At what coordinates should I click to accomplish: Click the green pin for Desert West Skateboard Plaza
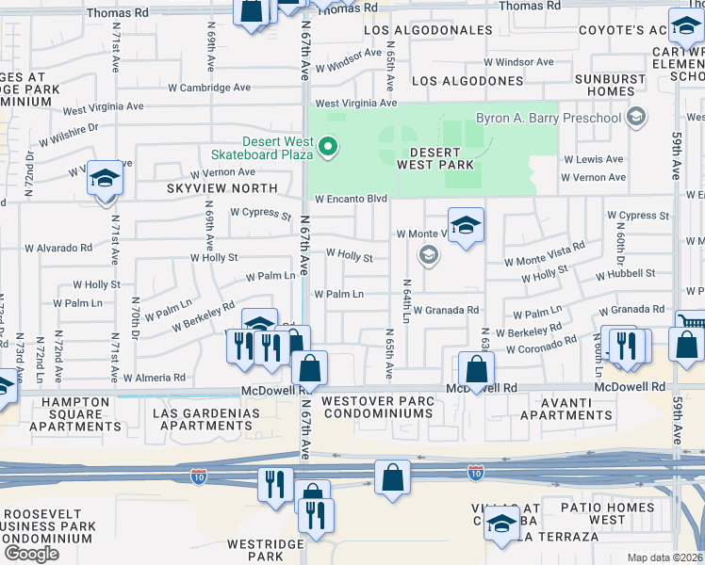click(328, 147)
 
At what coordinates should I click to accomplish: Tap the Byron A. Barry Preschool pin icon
click(637, 118)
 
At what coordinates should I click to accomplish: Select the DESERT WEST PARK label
click(434, 159)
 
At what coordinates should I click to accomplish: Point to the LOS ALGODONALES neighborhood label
click(428, 30)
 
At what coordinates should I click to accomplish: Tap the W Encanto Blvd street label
click(352, 200)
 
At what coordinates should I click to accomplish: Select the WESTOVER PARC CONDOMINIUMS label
click(378, 409)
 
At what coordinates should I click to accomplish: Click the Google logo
click(31, 554)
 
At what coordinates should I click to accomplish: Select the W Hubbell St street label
click(625, 273)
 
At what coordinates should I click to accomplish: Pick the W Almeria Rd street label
click(155, 377)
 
